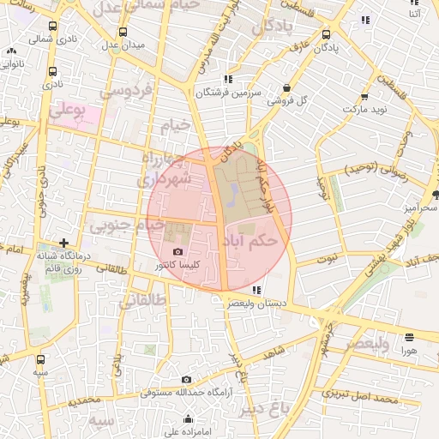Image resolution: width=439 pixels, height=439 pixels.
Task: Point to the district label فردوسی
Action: pyautogui.click(x=125, y=90)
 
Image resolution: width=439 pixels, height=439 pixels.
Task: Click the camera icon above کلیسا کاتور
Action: pyautogui.click(x=177, y=251)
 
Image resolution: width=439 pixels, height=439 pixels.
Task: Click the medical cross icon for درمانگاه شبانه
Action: pyautogui.click(x=63, y=243)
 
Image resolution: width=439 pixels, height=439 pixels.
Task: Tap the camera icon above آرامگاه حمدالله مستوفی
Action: pyautogui.click(x=187, y=379)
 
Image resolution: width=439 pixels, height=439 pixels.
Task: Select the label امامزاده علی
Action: pyautogui.click(x=181, y=420)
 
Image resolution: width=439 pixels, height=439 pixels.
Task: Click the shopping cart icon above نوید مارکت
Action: pyautogui.click(x=365, y=96)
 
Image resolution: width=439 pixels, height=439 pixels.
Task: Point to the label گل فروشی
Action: pyautogui.click(x=287, y=101)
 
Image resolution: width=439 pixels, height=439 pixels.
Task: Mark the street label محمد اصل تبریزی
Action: pyautogui.click(x=358, y=397)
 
